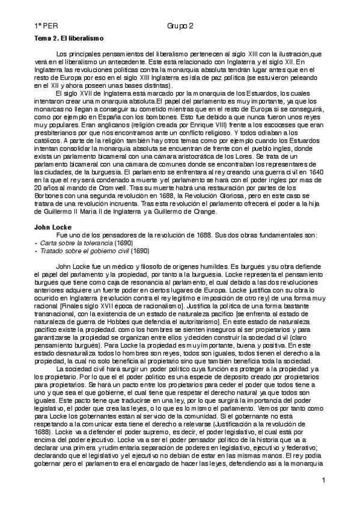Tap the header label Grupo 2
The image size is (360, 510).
pos(180,26)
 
